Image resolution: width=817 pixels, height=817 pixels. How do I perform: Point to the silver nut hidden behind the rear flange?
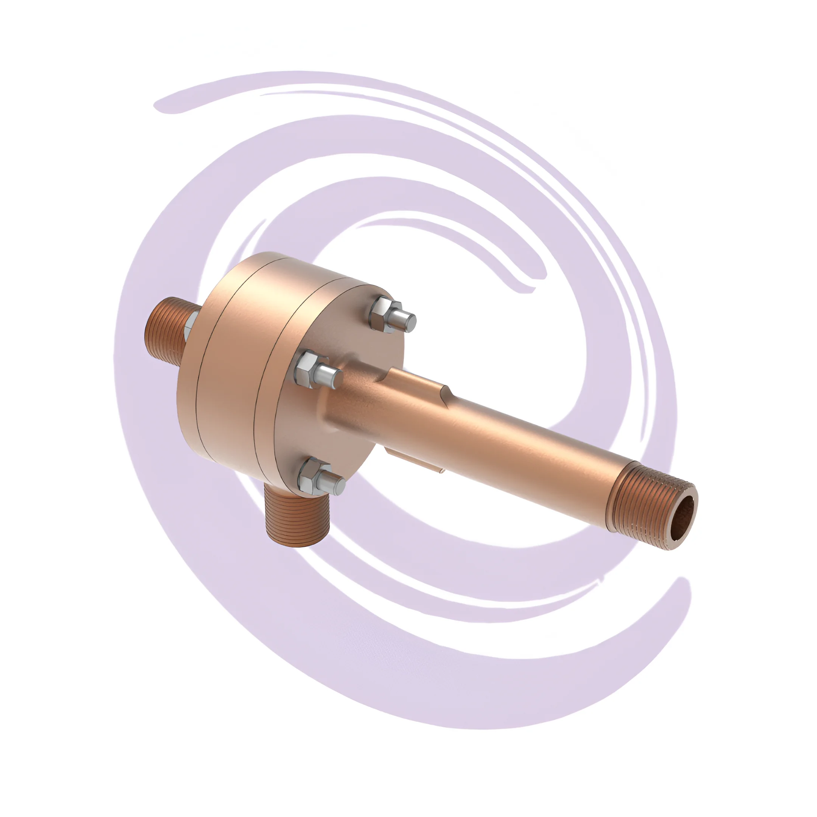tap(191, 326)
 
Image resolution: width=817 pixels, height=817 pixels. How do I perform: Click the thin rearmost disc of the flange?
tap(190, 381)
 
